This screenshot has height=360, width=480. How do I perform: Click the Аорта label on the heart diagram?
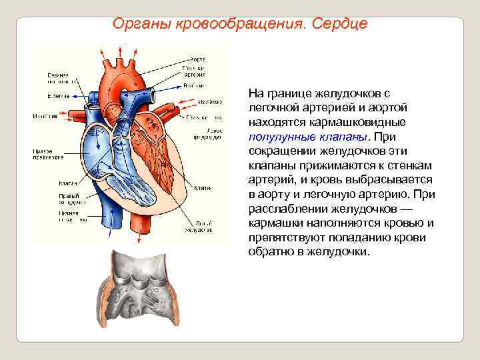pyautogui.click(x=197, y=57)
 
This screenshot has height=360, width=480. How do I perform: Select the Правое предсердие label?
pyautogui.click(x=48, y=154)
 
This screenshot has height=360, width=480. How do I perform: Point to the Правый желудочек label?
pyautogui.click(x=69, y=197)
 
